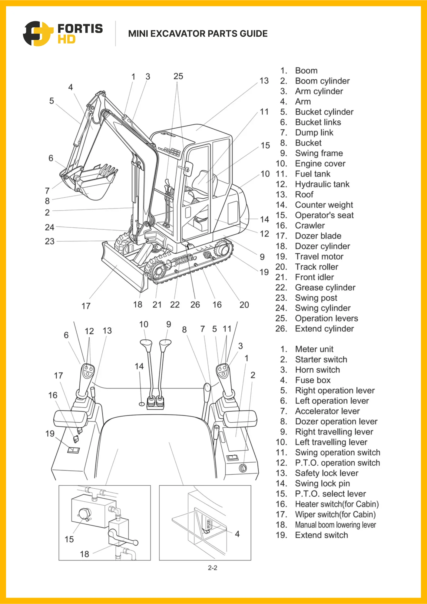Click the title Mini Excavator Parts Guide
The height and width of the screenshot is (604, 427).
(x=198, y=34)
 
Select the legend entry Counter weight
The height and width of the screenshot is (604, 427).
(x=324, y=205)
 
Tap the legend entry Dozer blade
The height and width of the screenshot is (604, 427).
(x=318, y=236)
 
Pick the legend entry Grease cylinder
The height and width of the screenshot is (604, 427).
(x=325, y=288)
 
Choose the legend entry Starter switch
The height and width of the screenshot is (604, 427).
(x=321, y=360)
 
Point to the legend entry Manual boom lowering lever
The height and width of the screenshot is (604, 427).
(x=335, y=525)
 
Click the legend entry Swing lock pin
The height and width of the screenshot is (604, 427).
(x=322, y=484)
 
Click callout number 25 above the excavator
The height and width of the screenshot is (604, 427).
(x=178, y=76)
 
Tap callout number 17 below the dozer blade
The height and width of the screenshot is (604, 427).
(x=86, y=306)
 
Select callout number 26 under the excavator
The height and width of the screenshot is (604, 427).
(x=195, y=305)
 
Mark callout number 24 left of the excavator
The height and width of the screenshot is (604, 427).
(x=50, y=227)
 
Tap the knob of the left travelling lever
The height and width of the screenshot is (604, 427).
(x=146, y=345)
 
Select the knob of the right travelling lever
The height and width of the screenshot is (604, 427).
(x=165, y=344)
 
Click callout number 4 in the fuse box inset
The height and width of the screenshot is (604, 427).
(x=237, y=534)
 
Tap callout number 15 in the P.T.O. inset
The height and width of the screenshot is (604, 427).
(x=69, y=539)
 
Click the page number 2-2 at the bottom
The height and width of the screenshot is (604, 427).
(x=213, y=568)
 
